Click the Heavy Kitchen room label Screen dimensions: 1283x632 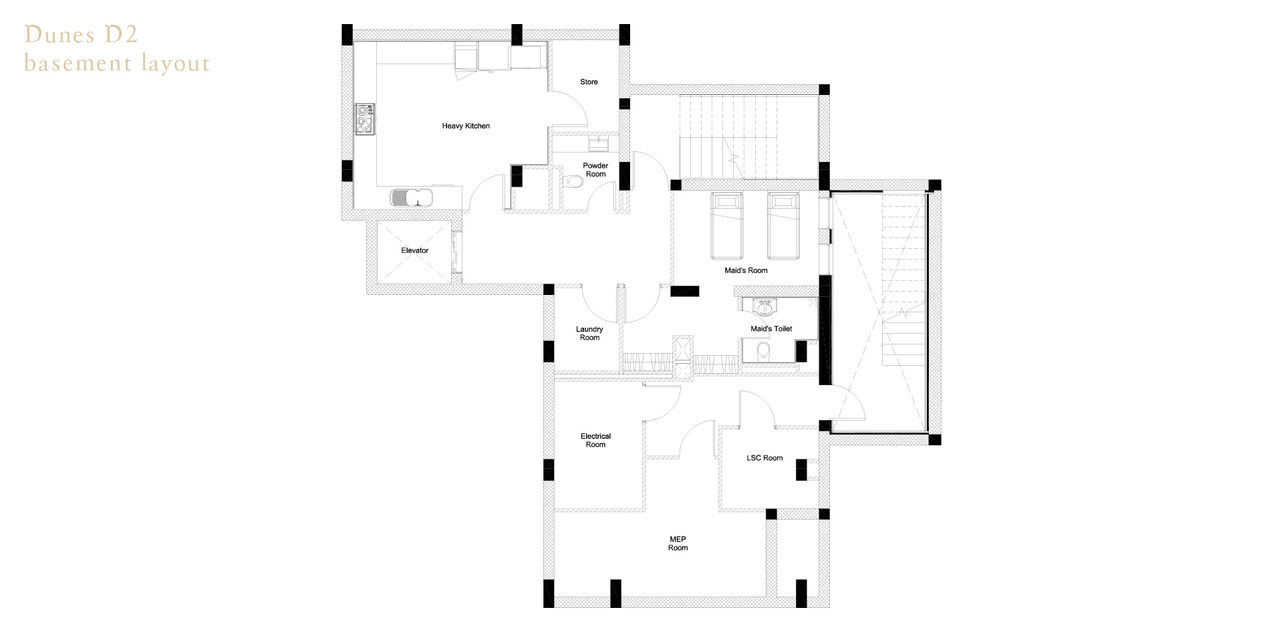click(x=466, y=126)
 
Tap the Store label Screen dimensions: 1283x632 click(x=589, y=82)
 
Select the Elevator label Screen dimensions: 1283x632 click(x=414, y=250)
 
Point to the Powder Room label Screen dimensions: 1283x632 click(x=595, y=170)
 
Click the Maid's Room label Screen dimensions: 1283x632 click(x=746, y=270)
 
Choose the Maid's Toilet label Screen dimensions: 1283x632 click(x=771, y=328)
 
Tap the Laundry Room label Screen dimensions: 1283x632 click(x=589, y=333)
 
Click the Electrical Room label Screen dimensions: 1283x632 click(x=595, y=440)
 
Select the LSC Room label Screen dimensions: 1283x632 click(x=764, y=458)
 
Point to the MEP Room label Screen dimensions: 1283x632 click(x=678, y=543)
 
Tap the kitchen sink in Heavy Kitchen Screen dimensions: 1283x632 click(x=412, y=198)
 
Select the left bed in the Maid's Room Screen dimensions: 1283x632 click(x=726, y=225)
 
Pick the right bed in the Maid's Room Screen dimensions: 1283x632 click(x=783, y=225)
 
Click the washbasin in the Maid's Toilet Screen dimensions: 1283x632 click(x=764, y=307)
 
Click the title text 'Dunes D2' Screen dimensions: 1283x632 click(x=81, y=35)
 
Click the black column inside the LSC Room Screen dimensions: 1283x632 click(x=801, y=469)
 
